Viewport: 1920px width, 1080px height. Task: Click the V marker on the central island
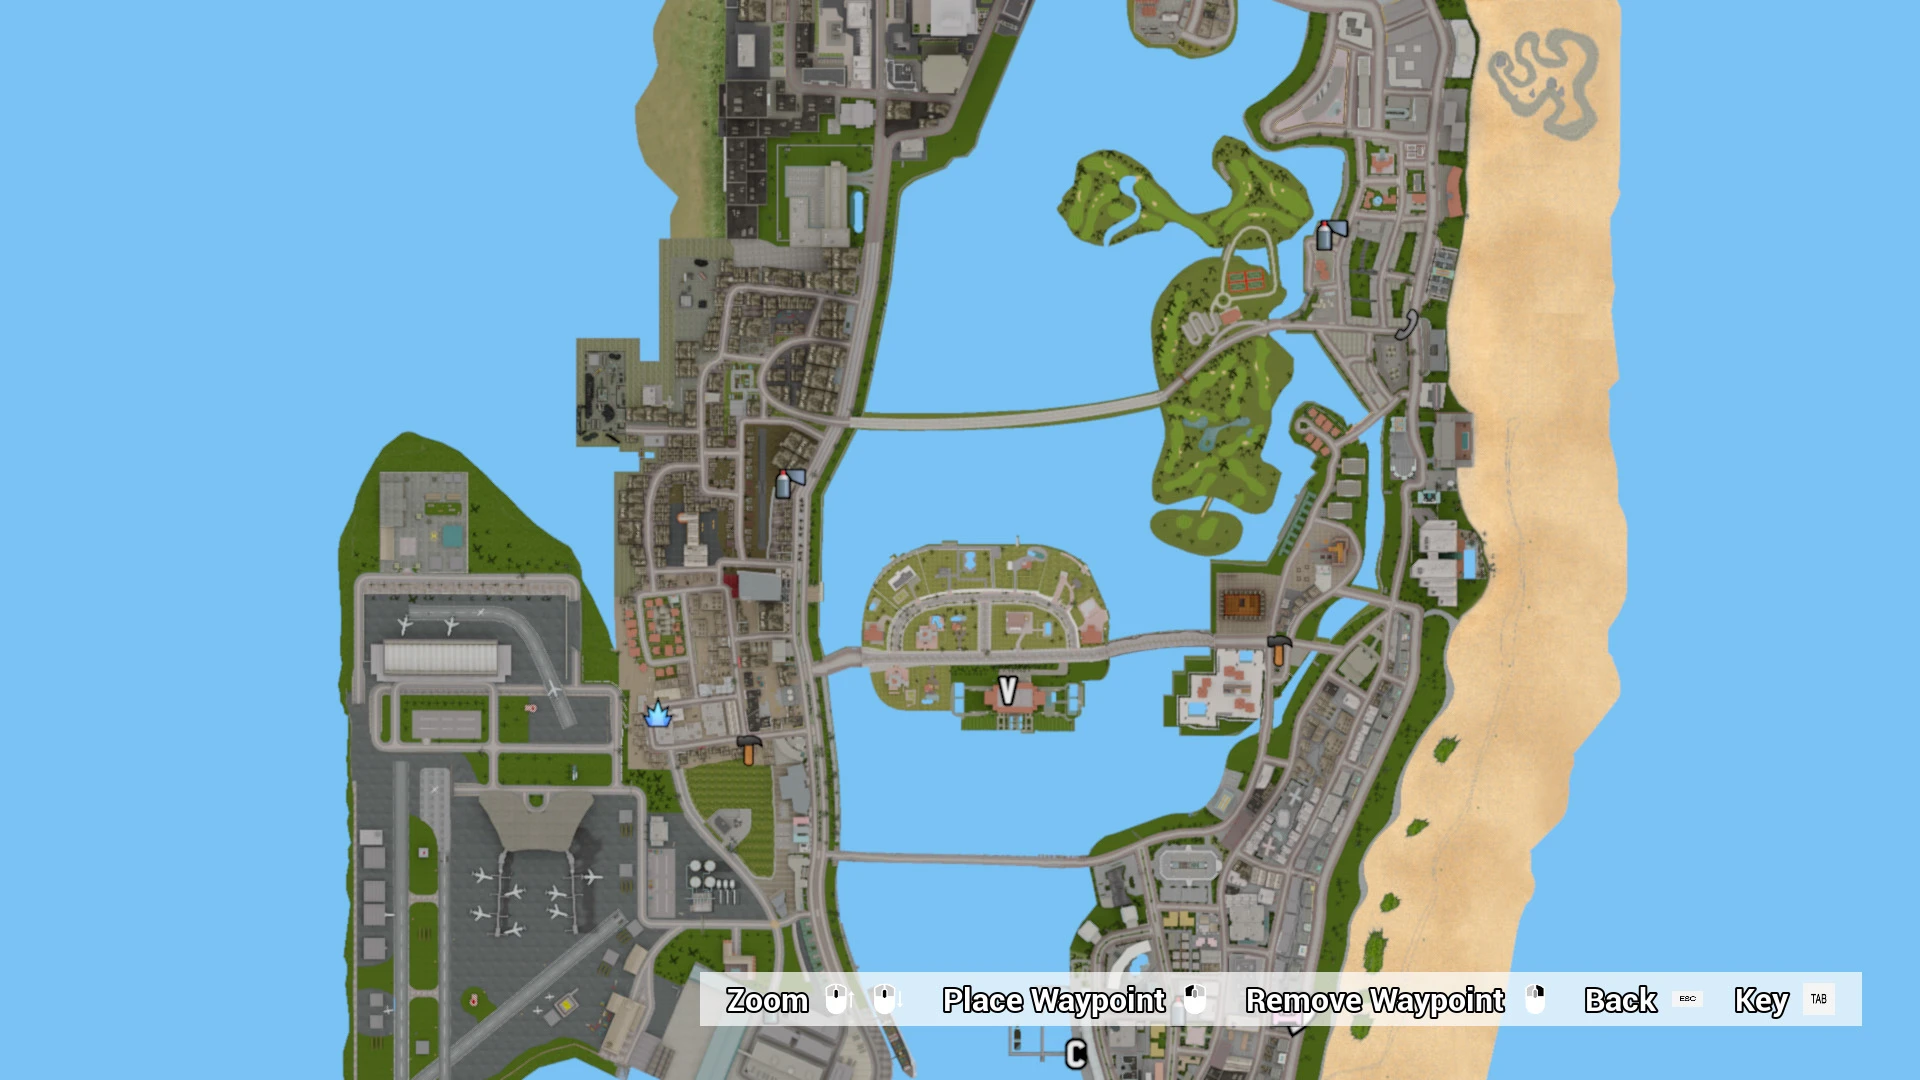pos(1007,690)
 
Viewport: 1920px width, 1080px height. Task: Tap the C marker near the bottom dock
pos(1076,1053)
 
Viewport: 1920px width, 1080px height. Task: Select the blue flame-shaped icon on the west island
pos(657,714)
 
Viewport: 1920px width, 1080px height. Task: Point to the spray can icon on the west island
pos(786,483)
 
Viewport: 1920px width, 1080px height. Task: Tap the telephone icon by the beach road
pos(1407,325)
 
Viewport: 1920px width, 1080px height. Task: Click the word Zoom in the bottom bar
pos(767,1000)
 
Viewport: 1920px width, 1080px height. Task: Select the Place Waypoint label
pos(1053,1000)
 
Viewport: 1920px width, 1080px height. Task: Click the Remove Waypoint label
pos(1374,1000)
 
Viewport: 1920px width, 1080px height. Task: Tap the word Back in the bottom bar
pos(1620,1000)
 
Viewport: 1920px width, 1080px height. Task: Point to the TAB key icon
pos(1818,999)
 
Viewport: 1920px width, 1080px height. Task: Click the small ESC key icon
pos(1687,999)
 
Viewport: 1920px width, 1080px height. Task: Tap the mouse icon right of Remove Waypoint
pos(1535,999)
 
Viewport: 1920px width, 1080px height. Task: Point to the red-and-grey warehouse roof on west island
pos(755,585)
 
